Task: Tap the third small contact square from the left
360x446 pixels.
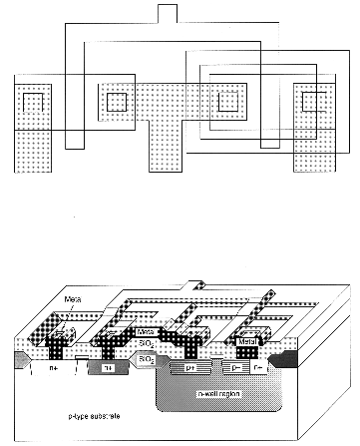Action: click(x=229, y=102)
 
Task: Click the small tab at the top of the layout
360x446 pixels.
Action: click(x=168, y=12)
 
